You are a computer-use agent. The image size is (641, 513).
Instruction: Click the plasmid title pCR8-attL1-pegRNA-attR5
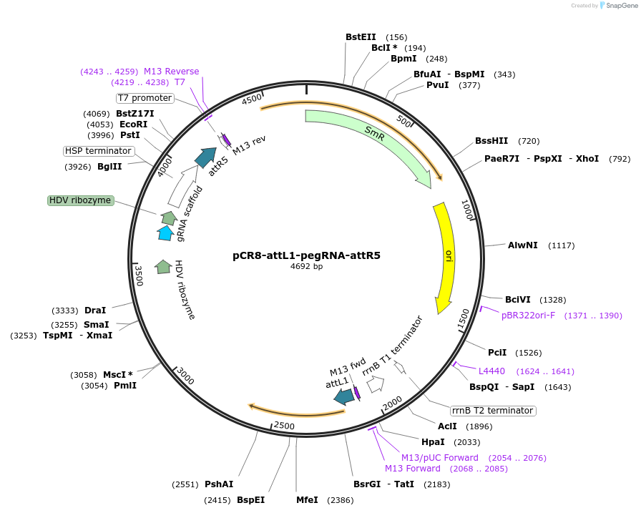tap(306, 255)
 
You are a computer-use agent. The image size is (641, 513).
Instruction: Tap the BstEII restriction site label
tap(361, 37)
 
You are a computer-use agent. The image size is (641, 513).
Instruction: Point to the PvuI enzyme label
tap(437, 85)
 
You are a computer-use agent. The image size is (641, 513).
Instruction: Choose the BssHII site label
tap(491, 141)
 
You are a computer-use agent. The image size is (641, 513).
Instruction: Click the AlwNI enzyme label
tap(522, 245)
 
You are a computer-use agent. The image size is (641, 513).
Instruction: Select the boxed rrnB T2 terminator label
tap(493, 411)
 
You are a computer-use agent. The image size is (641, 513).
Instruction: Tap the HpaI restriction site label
tap(433, 442)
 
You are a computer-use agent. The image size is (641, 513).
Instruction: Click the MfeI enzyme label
tap(307, 500)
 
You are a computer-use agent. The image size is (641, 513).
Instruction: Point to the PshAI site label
tap(219, 484)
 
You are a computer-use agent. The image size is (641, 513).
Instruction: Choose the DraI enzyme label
tap(95, 311)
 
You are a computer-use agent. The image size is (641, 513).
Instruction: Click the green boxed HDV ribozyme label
tap(81, 200)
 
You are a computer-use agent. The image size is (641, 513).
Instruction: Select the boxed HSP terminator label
tap(98, 151)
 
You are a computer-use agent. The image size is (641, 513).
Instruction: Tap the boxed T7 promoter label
tap(145, 98)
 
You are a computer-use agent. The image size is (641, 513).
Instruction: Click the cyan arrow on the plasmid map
tap(165, 233)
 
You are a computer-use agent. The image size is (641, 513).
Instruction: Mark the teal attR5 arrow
tap(207, 157)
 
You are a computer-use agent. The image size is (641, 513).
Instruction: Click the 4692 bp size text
tap(306, 267)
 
